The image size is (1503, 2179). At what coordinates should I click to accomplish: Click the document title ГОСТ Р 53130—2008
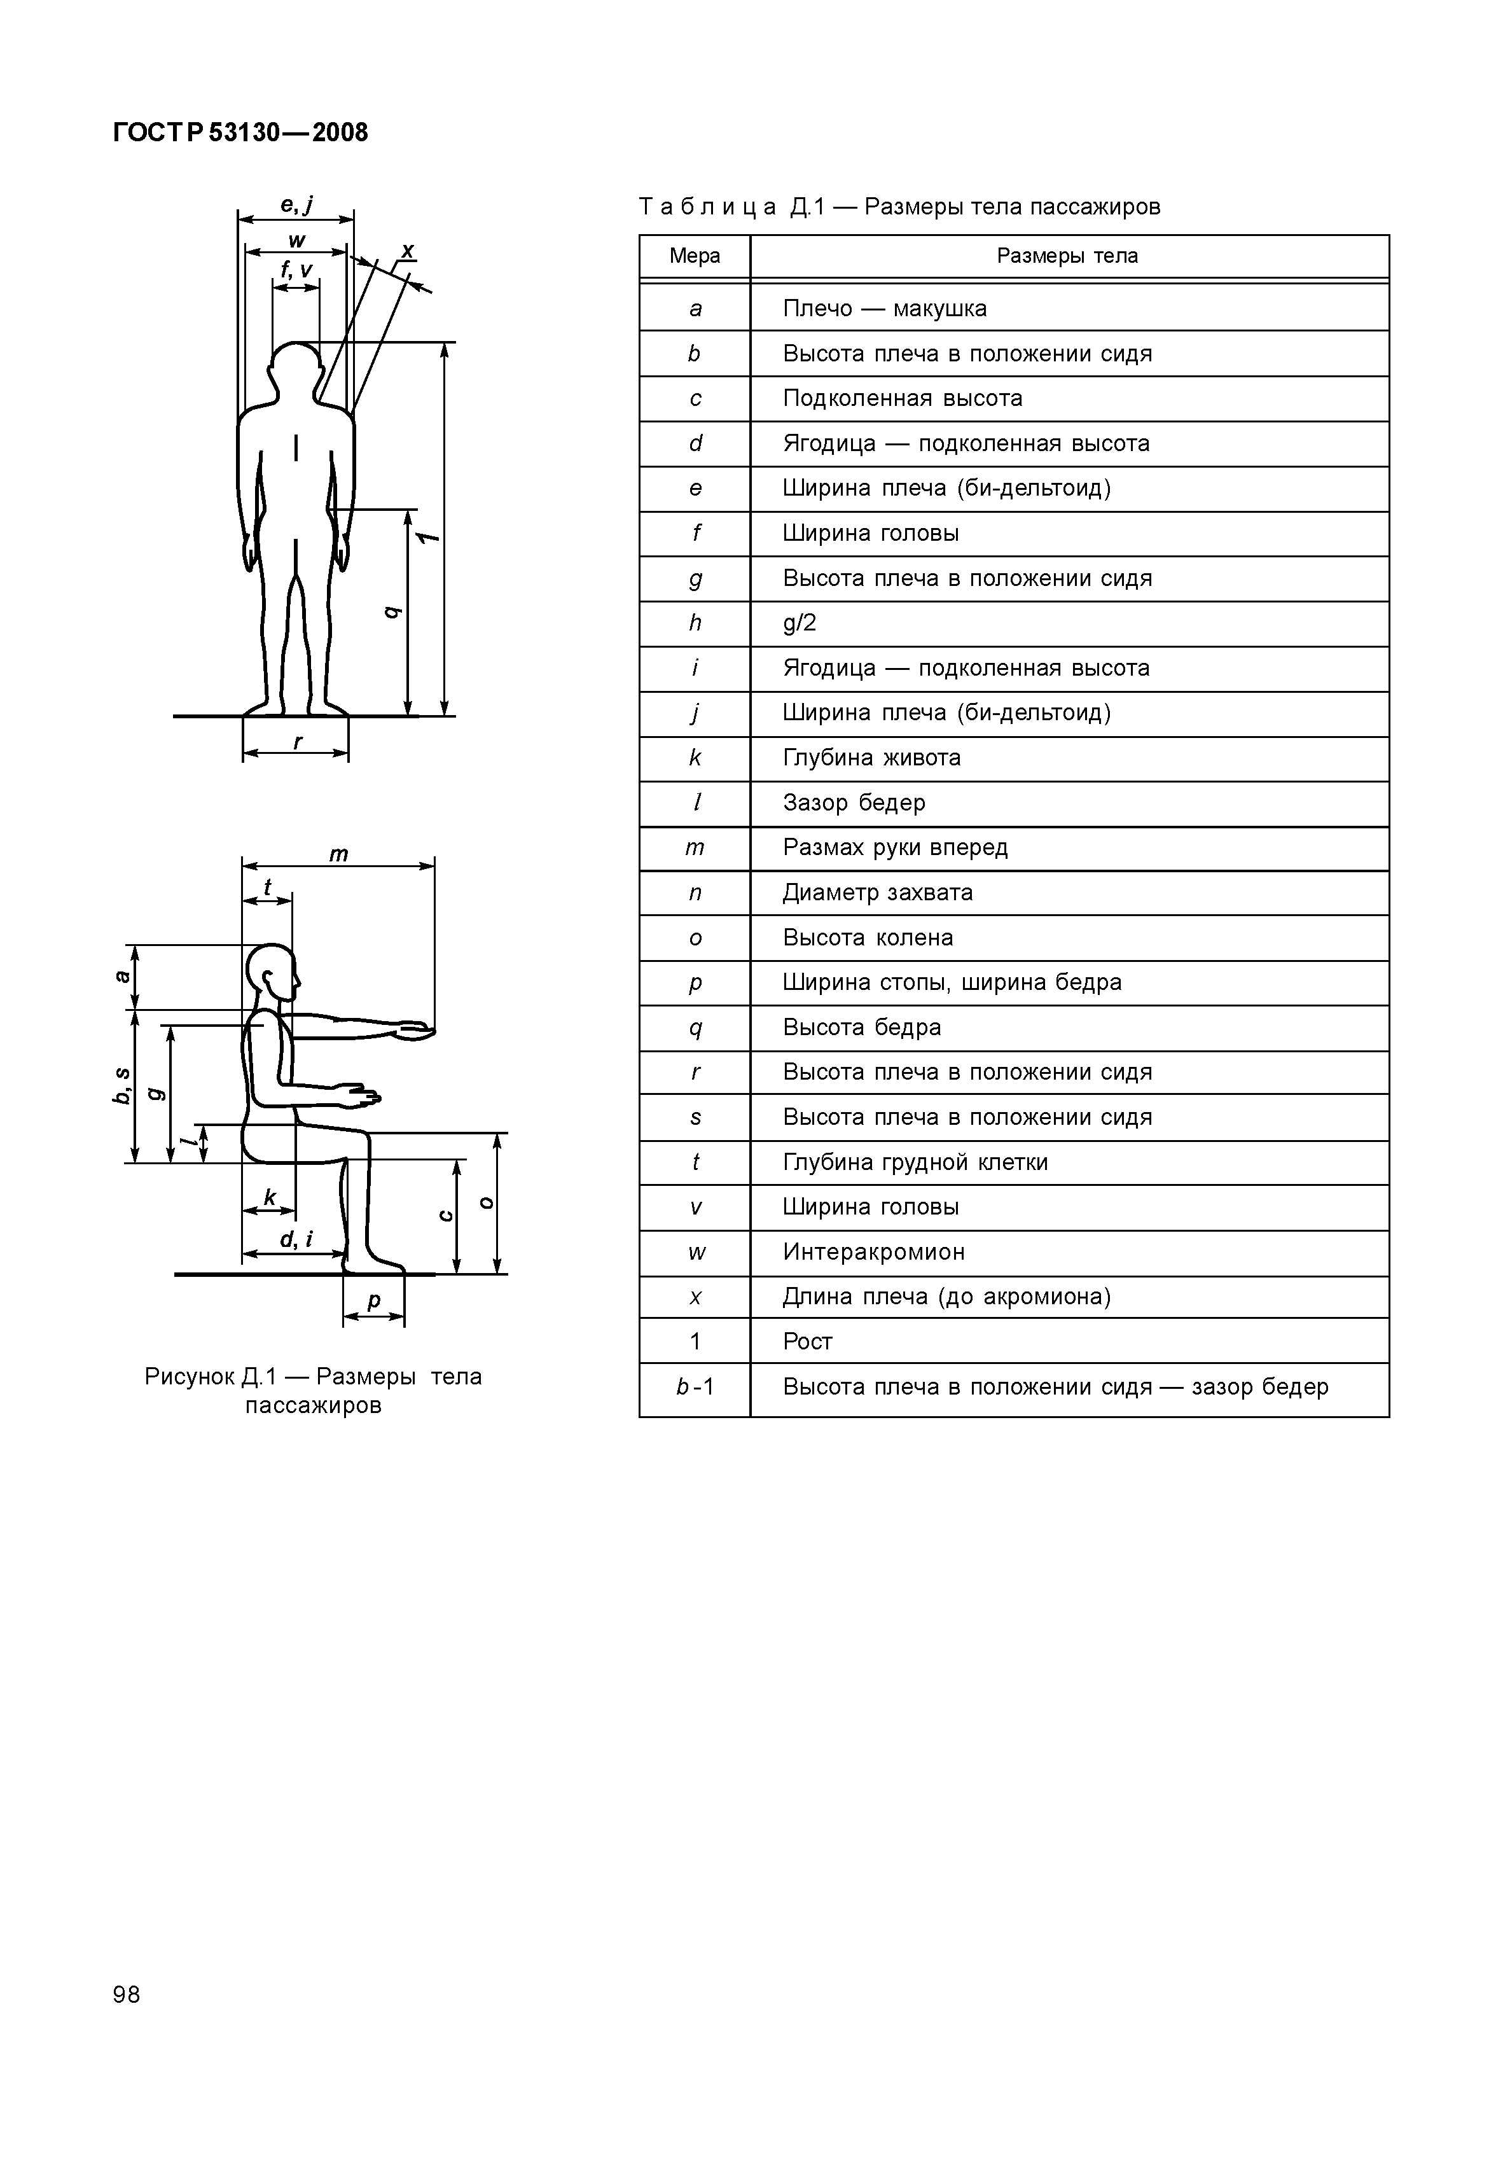240,133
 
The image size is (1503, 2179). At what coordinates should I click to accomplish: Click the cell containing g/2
800,623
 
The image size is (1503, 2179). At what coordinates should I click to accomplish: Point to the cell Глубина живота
871,758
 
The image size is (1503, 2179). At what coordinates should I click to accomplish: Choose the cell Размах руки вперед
895,847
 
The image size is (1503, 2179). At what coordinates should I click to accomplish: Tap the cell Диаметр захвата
878,893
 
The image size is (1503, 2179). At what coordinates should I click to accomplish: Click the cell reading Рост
807,1342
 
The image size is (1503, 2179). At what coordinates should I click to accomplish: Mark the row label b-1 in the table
695,1387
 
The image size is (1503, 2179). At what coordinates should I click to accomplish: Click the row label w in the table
695,1253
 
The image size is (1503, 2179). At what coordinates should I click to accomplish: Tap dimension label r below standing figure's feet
298,742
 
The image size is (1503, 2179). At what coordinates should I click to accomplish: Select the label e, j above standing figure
296,204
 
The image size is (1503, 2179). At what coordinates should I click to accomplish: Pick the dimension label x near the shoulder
408,251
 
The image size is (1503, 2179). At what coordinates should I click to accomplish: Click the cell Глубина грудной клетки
915,1163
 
